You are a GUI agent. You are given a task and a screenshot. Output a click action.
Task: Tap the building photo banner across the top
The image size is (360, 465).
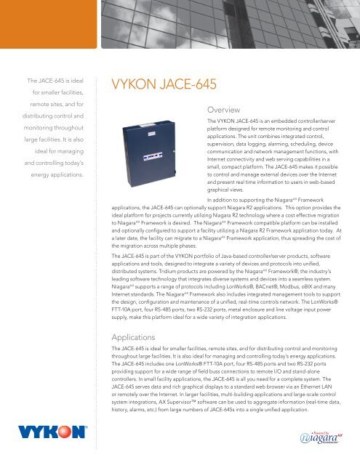coord(218,29)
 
